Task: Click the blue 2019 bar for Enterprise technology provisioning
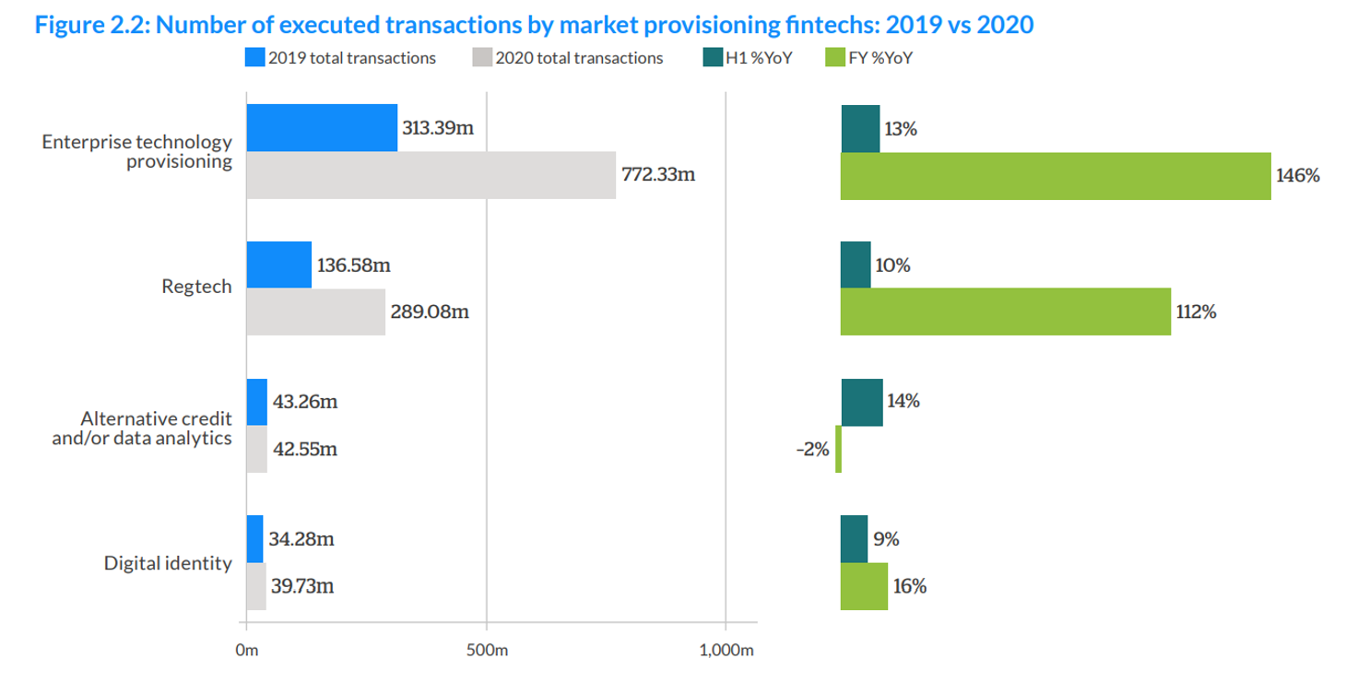(x=322, y=128)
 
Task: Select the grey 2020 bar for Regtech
(x=315, y=312)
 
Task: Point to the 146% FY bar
(x=1056, y=175)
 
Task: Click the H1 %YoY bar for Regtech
(x=856, y=265)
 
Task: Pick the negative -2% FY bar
(x=838, y=449)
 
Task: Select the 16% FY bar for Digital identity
(x=864, y=586)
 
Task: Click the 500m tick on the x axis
(x=487, y=651)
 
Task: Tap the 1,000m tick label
(x=726, y=651)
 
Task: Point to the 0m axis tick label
(x=246, y=651)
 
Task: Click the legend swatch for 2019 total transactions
(x=255, y=58)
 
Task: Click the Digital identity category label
(x=168, y=562)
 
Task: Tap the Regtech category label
(x=196, y=288)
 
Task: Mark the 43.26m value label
(x=304, y=402)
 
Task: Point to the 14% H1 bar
(x=862, y=403)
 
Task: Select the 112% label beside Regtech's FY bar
(x=1196, y=312)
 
